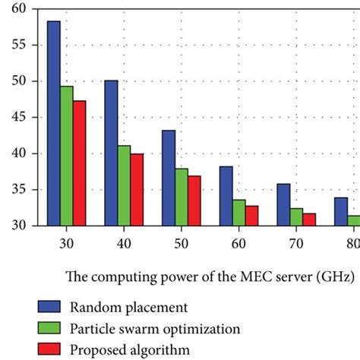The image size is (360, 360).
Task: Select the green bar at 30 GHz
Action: pyautogui.click(x=68, y=156)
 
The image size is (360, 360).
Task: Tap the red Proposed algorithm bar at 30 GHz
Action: pyautogui.click(x=80, y=163)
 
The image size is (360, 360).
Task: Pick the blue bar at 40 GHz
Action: pyautogui.click(x=111, y=153)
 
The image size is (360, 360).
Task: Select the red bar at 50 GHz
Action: pyautogui.click(x=194, y=201)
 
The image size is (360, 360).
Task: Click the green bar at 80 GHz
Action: pyautogui.click(x=353, y=220)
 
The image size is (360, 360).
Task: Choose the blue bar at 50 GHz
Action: pyautogui.click(x=169, y=178)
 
